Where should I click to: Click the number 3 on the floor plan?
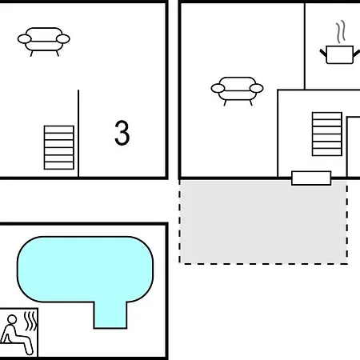click(x=122, y=133)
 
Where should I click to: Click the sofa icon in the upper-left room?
click(x=44, y=42)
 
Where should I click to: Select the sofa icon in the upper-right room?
click(x=237, y=91)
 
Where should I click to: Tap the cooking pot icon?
click(x=340, y=54)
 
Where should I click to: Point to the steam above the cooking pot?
click(x=341, y=32)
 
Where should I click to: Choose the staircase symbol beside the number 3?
click(x=59, y=147)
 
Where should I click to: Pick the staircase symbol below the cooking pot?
click(x=327, y=134)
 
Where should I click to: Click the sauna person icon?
click(x=18, y=333)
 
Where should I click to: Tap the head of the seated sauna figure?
click(x=12, y=319)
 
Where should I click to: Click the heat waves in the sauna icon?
click(x=30, y=322)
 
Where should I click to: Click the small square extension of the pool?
click(x=110, y=315)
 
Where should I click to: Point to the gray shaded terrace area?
click(x=263, y=222)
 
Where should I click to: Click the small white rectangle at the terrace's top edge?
click(x=311, y=178)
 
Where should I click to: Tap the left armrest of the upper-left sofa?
click(x=25, y=39)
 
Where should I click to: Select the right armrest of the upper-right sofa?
click(x=257, y=88)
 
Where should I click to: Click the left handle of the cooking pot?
click(x=323, y=53)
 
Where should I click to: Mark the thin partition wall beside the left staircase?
click(x=78, y=134)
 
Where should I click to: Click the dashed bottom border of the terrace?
click(x=263, y=264)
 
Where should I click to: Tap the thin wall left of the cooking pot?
click(x=305, y=46)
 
